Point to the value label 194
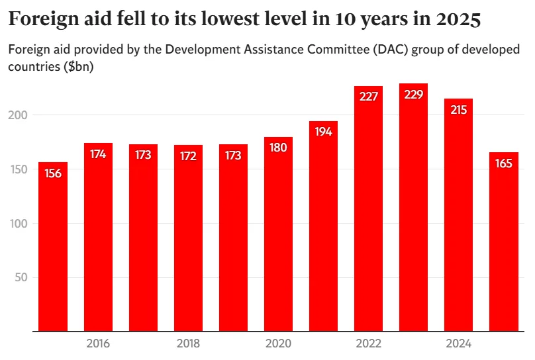point(323,131)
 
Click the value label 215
point(458,109)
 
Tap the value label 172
point(188,156)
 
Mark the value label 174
point(98,154)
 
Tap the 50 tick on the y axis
point(21,277)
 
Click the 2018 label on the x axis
point(188,343)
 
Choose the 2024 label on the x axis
point(458,343)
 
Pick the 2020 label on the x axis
point(278,343)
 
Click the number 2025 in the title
point(458,20)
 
